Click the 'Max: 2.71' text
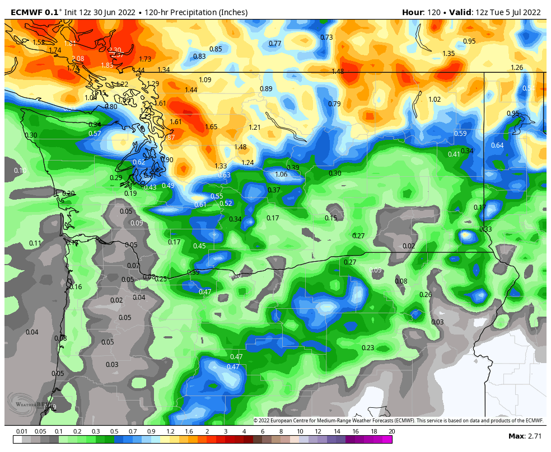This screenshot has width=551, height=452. (x=524, y=436)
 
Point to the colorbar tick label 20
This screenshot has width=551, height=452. (x=391, y=431)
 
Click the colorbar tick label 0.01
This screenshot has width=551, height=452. (x=22, y=431)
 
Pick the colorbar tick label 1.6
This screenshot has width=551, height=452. (x=188, y=431)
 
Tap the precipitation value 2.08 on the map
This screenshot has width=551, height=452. (x=78, y=59)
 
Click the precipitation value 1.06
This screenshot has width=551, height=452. (x=281, y=175)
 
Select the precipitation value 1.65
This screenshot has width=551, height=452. (x=211, y=127)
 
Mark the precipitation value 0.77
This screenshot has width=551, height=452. (x=275, y=44)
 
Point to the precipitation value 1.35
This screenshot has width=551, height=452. (x=449, y=54)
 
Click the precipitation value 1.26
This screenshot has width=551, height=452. (x=517, y=68)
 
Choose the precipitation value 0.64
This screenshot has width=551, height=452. (x=497, y=145)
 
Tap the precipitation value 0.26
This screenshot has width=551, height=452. (x=426, y=295)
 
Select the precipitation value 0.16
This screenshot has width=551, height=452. (x=76, y=287)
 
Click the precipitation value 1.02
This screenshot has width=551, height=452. (x=435, y=100)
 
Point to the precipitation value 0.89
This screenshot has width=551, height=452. (x=266, y=89)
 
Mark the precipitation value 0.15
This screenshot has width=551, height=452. (x=331, y=218)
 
